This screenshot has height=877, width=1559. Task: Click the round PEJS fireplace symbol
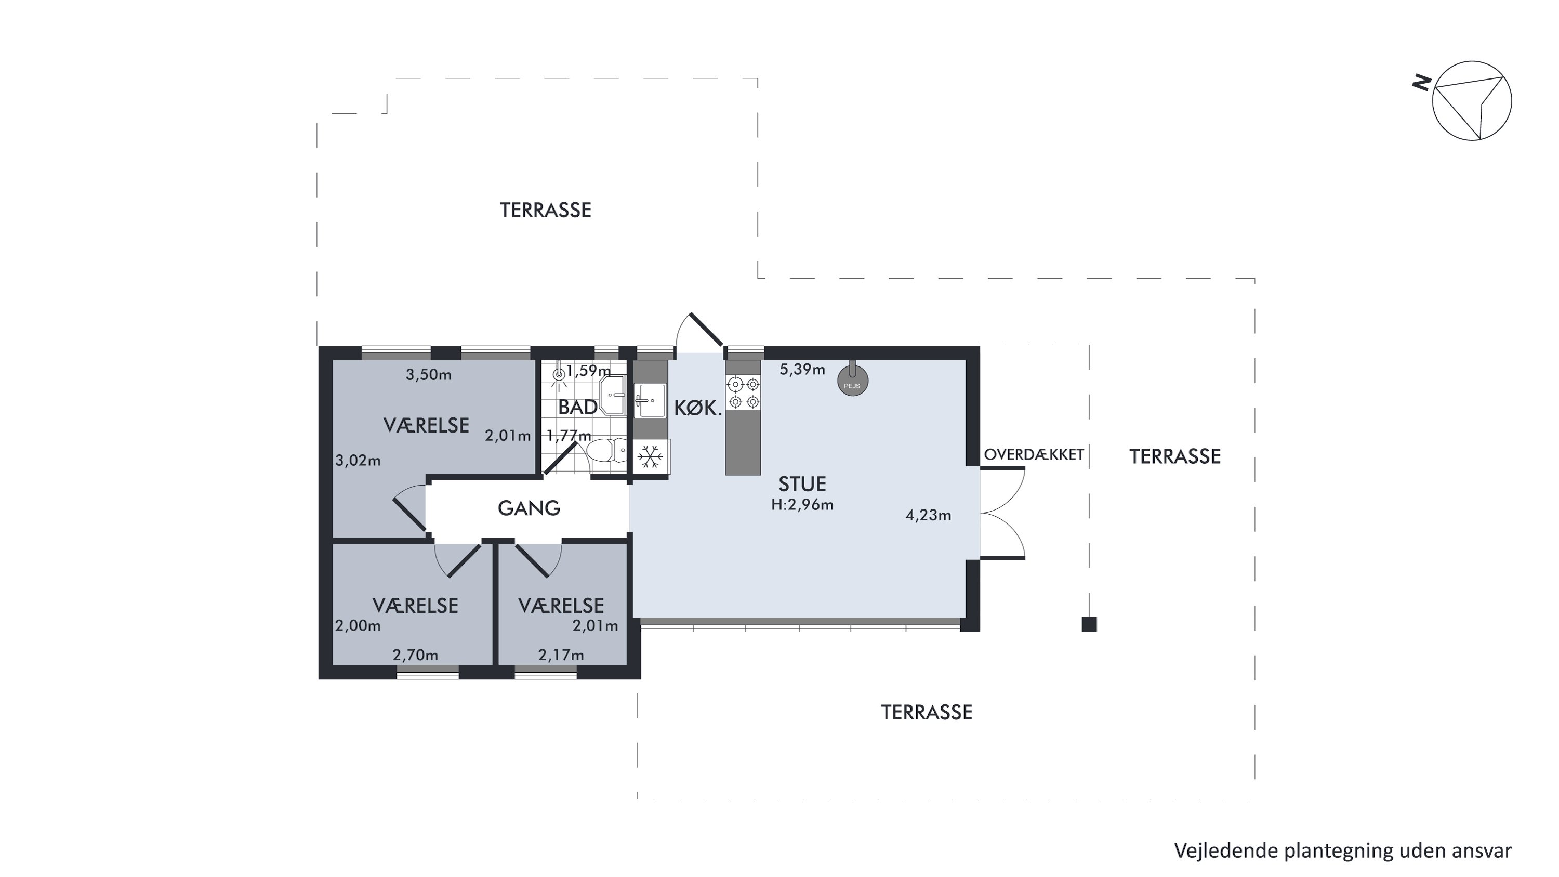pyautogui.click(x=853, y=381)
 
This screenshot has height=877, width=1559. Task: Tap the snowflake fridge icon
pyautogui.click(x=650, y=456)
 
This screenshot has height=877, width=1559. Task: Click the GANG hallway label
pyautogui.click(x=529, y=508)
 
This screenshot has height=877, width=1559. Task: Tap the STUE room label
pyautogui.click(x=802, y=484)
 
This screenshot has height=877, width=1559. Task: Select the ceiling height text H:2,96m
pyautogui.click(x=802, y=505)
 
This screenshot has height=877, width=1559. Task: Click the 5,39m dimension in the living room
pyautogui.click(x=802, y=369)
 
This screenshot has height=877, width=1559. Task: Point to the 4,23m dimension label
pyautogui.click(x=928, y=515)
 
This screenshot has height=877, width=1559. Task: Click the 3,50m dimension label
pyautogui.click(x=429, y=375)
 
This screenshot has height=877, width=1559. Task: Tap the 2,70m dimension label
pyautogui.click(x=415, y=655)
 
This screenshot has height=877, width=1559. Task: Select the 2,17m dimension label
pyautogui.click(x=561, y=655)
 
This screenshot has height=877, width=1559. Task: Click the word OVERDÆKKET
pyautogui.click(x=1034, y=454)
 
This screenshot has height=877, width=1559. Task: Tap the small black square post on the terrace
pyautogui.click(x=1089, y=624)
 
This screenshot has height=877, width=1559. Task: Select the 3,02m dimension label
pyautogui.click(x=358, y=461)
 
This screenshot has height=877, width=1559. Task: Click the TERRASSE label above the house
pyautogui.click(x=545, y=210)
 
